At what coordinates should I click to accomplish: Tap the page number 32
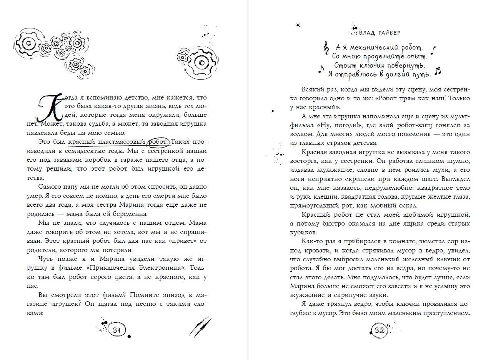pyautogui.click(x=379, y=330)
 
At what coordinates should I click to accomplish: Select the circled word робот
pyautogui.click(x=158, y=142)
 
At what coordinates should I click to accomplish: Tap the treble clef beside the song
pyautogui.click(x=327, y=47)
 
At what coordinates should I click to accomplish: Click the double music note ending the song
pyautogui.click(x=438, y=71)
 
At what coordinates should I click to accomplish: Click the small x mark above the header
pyautogui.click(x=298, y=25)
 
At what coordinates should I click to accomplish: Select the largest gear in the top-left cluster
pyautogui.click(x=29, y=42)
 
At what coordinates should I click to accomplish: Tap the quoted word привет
pyautogui.click(x=184, y=241)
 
